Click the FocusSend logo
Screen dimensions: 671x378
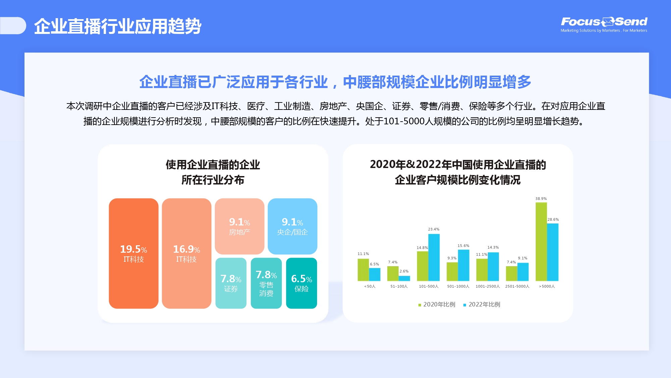(x=604, y=24)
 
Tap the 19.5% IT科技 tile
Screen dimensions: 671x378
(x=134, y=253)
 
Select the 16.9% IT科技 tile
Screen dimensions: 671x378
(x=187, y=253)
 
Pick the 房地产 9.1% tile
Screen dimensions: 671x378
(x=240, y=226)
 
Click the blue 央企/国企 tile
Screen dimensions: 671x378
(x=293, y=226)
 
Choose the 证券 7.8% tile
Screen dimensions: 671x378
(x=231, y=283)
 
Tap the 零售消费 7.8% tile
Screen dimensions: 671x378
(x=266, y=283)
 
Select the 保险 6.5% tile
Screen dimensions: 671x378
(x=302, y=283)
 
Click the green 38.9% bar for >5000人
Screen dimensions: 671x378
(x=541, y=242)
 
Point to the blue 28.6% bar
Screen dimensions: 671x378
(x=553, y=252)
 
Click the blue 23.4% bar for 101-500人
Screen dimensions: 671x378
(x=434, y=257)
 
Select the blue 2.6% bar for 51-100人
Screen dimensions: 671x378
(x=404, y=278)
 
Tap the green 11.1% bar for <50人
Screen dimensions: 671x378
(x=363, y=270)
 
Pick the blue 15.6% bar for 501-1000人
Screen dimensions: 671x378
(x=464, y=265)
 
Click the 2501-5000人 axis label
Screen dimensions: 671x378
(x=517, y=286)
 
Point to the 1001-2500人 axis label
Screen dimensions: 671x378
(x=488, y=286)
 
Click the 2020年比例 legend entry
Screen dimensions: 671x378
(x=437, y=304)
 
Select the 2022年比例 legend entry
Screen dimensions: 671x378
(x=482, y=304)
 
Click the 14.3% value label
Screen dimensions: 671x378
(x=493, y=247)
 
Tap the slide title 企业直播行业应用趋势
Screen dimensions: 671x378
(x=118, y=26)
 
